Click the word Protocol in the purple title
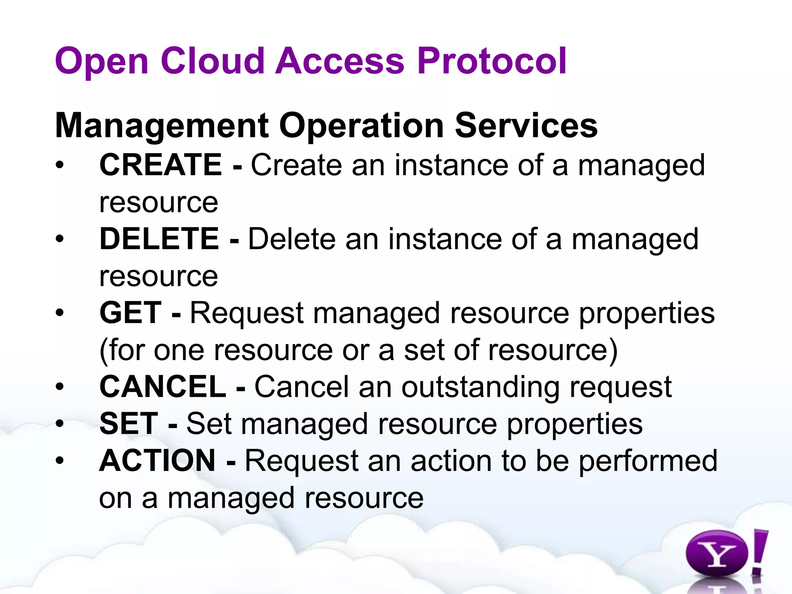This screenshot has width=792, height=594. [492, 61]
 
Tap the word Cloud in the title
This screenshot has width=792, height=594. [212, 61]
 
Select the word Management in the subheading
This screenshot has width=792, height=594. [162, 126]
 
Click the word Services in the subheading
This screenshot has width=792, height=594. [526, 126]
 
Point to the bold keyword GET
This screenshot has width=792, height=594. [130, 313]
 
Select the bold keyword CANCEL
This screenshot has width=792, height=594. [163, 387]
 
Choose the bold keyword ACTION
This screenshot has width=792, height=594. [157, 461]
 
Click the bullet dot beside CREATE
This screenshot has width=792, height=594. [59, 166]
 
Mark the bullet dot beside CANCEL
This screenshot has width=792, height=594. [59, 387]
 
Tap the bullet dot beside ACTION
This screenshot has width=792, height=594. [59, 461]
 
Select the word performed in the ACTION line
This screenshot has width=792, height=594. [648, 461]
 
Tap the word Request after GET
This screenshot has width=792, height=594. [247, 313]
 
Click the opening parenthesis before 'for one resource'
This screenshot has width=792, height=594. [103, 350]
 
